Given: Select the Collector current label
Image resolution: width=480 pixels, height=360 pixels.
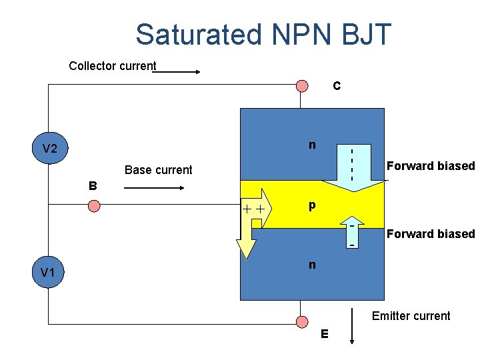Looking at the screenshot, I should coord(112,66).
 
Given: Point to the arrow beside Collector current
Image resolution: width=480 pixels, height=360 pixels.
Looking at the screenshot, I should coord(176,71).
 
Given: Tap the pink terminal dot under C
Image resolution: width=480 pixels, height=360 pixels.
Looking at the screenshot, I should coord(303,85).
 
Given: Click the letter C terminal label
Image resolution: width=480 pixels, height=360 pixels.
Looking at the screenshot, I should coord(337,86).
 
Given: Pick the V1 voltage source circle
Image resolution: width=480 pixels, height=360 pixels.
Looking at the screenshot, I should coord(48,271).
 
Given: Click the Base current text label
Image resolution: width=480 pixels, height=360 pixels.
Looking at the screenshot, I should coord(158,170).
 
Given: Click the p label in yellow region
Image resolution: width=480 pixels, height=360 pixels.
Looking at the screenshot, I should coord(311,207).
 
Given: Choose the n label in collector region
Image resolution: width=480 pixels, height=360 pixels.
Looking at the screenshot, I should coord(311,145).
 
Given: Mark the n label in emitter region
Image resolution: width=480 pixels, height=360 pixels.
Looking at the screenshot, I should coord(311,265).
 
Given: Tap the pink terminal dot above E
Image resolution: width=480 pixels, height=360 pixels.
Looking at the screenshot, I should coord(303,324).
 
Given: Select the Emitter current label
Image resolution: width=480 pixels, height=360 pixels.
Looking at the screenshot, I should coord(411,316).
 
